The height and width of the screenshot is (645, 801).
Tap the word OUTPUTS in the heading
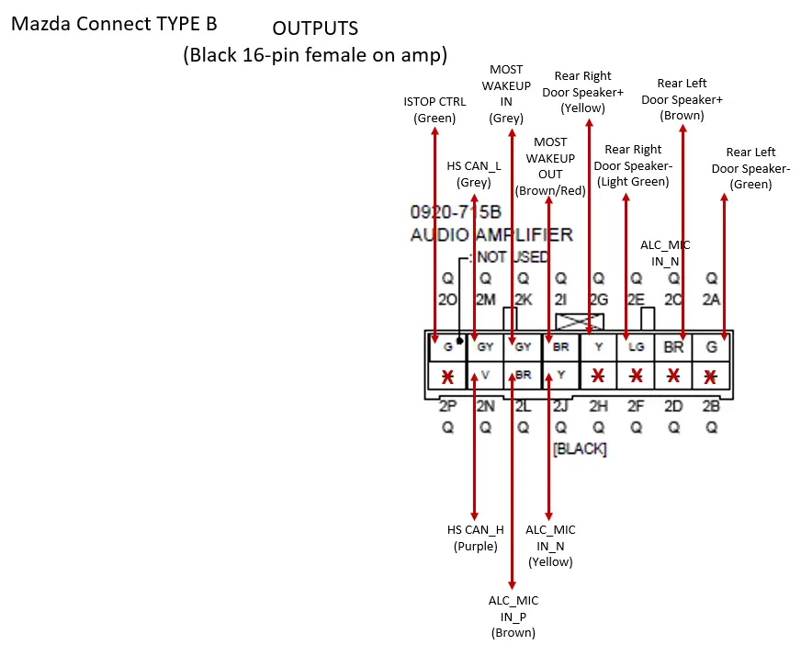coord(315,29)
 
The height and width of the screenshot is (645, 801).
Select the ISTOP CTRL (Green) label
coord(434,110)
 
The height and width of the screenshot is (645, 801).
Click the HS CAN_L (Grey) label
coord(474,174)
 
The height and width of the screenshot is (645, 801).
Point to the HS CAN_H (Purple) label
coord(475,537)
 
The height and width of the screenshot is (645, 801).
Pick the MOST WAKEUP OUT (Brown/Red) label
coord(551,166)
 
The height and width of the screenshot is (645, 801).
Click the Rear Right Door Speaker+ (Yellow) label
coord(583,92)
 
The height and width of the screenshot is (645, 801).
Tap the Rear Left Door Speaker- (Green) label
coord(750,168)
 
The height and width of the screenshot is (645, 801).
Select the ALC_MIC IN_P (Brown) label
coord(513,616)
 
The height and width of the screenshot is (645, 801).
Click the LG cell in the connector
coord(635,348)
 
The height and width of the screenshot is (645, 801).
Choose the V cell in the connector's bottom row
coord(486,375)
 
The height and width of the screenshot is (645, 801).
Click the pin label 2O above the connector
coord(447,299)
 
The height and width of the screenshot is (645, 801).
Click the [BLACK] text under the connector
coord(580,449)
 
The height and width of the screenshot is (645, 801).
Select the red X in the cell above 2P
coord(447,377)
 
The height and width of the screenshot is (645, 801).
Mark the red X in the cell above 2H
coord(598,376)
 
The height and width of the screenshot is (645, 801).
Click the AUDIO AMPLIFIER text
coord(491,234)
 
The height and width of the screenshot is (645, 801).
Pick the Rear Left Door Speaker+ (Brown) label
coord(682,99)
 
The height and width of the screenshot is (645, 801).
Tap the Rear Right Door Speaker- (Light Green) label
coord(633,165)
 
